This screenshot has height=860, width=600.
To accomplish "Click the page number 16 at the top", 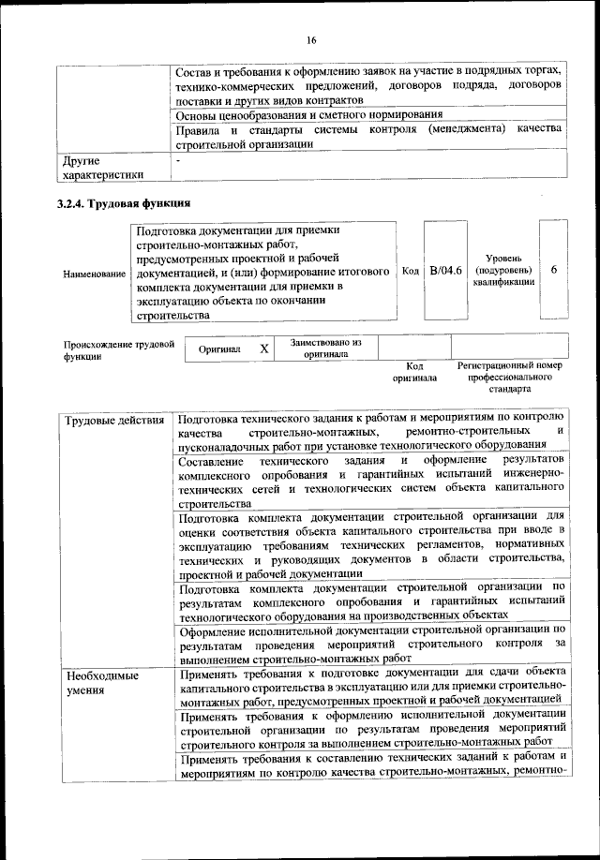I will [x=310, y=38].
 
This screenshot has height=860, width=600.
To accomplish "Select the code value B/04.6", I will [x=445, y=270].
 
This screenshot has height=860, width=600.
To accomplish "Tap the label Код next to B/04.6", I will [x=410, y=271].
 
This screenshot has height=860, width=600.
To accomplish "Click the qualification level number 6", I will [x=554, y=270].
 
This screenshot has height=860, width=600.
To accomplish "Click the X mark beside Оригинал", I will [x=264, y=348].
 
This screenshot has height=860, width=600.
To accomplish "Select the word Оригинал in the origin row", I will [x=220, y=349].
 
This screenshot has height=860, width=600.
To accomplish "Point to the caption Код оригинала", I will [x=415, y=372].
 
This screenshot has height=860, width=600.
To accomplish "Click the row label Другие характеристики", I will [x=102, y=167].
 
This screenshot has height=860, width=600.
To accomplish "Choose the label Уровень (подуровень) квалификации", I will [x=504, y=270].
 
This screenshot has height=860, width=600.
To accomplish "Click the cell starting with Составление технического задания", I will [x=370, y=482].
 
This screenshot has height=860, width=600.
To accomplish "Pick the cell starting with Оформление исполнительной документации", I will [x=370, y=645].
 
